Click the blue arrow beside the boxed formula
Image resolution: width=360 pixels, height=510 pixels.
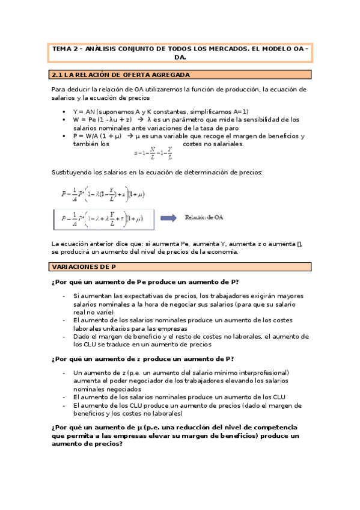click(x=168, y=218)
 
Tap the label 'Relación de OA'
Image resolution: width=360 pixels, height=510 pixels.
click(x=204, y=218)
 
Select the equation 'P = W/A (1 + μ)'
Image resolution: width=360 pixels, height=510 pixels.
click(x=97, y=136)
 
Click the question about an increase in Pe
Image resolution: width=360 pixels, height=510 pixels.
click(x=148, y=282)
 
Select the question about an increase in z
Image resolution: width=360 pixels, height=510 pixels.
click(x=143, y=359)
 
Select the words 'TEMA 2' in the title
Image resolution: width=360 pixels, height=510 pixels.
click(x=66, y=49)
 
